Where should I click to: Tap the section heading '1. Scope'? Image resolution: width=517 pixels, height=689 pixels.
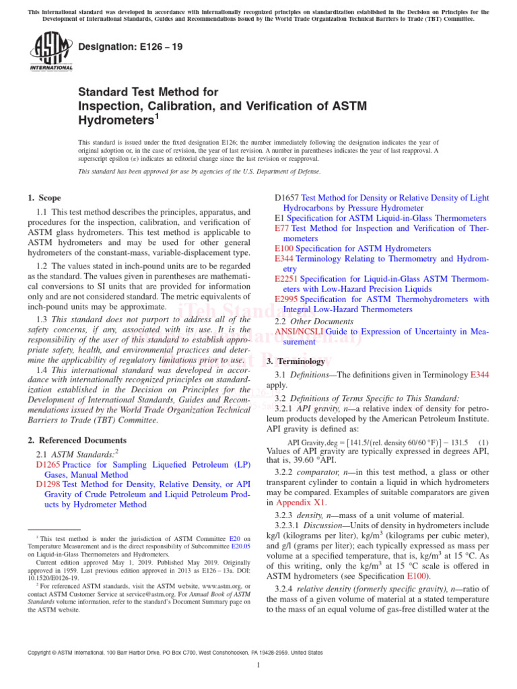pyautogui.click(x=44, y=198)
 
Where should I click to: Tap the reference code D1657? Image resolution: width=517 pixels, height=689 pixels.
pyautogui.click(x=287, y=198)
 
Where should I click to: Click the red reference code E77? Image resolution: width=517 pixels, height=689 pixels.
pyautogui.click(x=282, y=228)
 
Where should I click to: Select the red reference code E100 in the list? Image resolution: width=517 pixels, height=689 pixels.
pyautogui.click(x=285, y=248)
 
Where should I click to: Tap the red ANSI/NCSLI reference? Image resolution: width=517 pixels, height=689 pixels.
pyautogui.click(x=298, y=332)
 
